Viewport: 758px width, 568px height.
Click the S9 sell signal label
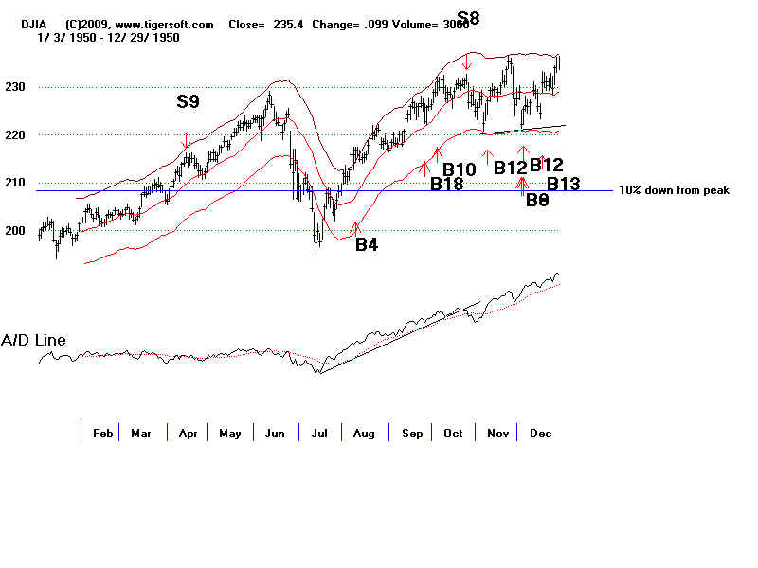[x=188, y=99]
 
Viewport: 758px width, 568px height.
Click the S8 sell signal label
[x=468, y=17]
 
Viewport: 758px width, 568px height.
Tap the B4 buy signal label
[x=367, y=244]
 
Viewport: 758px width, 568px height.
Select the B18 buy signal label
[x=446, y=185]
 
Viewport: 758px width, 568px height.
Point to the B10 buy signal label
[x=459, y=169]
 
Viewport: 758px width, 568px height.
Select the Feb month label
[x=102, y=434]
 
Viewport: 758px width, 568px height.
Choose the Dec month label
[x=540, y=434]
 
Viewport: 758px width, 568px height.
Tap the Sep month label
[x=411, y=434]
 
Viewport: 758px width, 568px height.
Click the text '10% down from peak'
[x=674, y=190]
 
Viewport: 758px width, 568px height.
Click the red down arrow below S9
[x=186, y=140]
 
